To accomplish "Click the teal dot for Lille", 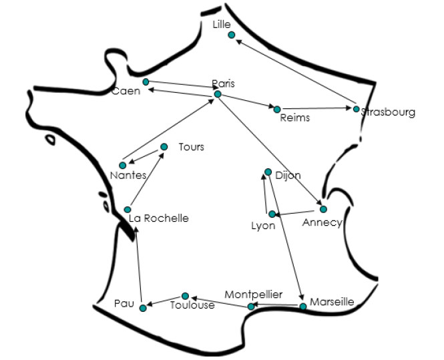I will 232,35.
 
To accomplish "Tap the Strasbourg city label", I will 389,112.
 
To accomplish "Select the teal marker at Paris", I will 218,94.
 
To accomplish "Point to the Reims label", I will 294,118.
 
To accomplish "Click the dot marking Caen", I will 146,81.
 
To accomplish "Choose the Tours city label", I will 191,147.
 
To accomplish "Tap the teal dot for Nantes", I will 122,165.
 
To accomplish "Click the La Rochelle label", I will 159,218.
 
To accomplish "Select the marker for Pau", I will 143,307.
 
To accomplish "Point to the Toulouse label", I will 192,305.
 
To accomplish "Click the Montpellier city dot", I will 251,307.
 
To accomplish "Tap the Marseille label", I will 332,301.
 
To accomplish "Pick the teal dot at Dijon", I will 268,172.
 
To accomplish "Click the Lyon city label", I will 263,226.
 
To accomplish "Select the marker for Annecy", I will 323,209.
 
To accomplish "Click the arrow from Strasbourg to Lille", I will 294,71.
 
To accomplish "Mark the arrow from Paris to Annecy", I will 270,152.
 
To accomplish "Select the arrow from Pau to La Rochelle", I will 140,267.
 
